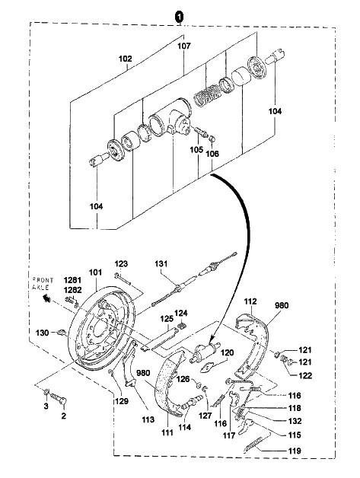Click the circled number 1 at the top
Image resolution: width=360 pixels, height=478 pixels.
[x=179, y=16]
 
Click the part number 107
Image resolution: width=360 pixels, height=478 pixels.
[x=184, y=46]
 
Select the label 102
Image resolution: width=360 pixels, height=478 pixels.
[x=126, y=59]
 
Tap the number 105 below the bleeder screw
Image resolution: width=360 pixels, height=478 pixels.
[x=196, y=150]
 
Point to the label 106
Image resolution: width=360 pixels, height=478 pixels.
[x=212, y=154]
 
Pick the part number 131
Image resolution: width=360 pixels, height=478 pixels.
[x=161, y=263]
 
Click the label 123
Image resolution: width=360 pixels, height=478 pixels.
[x=121, y=263]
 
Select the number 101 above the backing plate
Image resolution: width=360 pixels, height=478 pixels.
[x=95, y=272]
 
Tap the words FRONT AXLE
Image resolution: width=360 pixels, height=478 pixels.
[x=43, y=283]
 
